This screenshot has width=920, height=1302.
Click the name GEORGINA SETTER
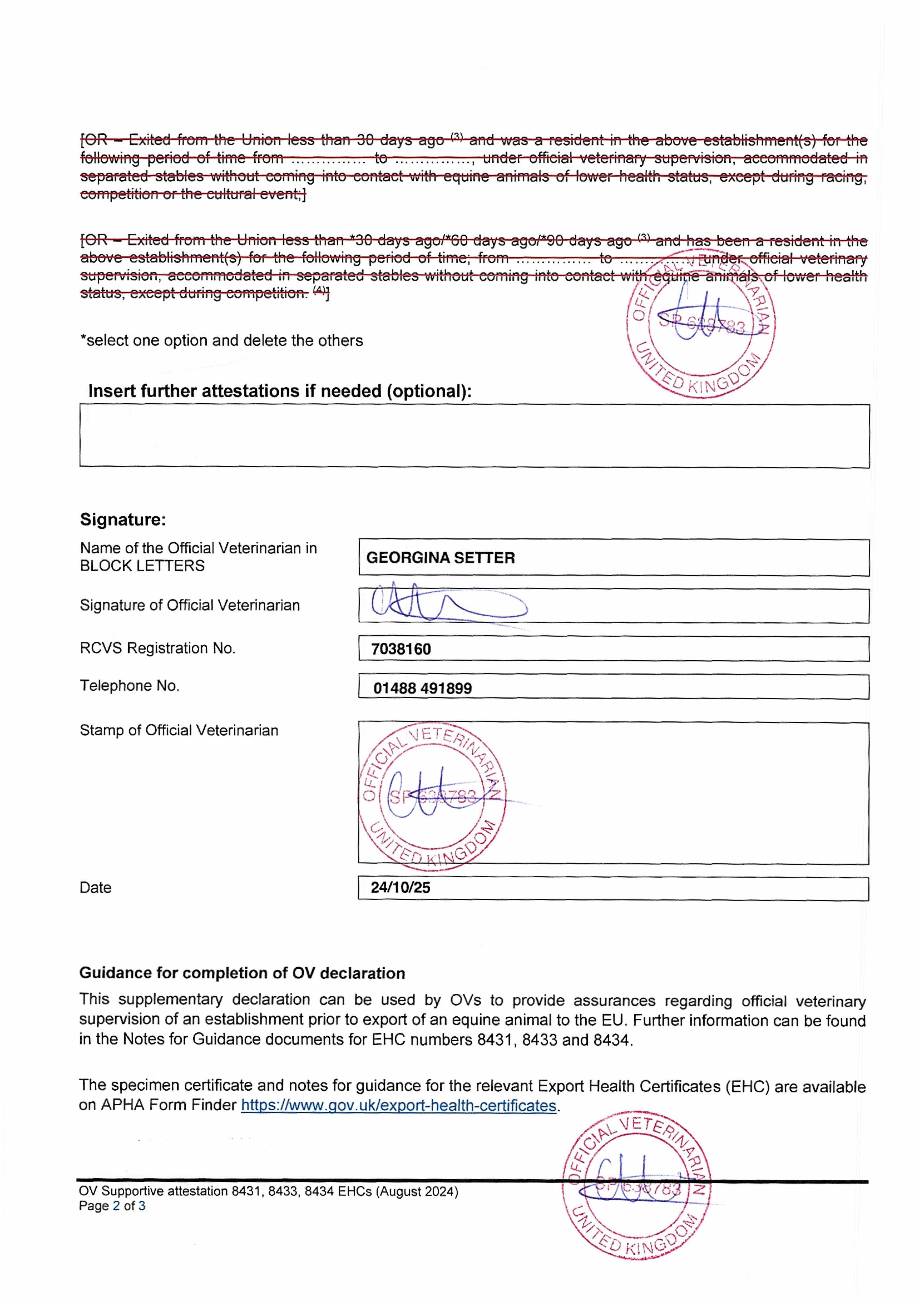click(x=440, y=558)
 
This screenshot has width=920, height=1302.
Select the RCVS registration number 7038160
click(x=401, y=649)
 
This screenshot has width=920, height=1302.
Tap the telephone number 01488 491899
click(x=423, y=688)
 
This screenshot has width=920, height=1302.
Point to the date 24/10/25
click(x=400, y=887)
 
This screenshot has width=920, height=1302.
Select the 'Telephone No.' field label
click(x=129, y=686)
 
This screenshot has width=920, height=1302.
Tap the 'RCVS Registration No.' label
click(x=157, y=648)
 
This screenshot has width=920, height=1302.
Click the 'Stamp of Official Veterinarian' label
click(x=179, y=730)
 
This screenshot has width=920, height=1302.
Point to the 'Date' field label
click(x=95, y=887)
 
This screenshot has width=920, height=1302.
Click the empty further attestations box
click(x=474, y=436)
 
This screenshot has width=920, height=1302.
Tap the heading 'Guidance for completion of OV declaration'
click(x=242, y=973)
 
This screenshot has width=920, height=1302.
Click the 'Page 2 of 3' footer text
click(x=112, y=1206)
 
